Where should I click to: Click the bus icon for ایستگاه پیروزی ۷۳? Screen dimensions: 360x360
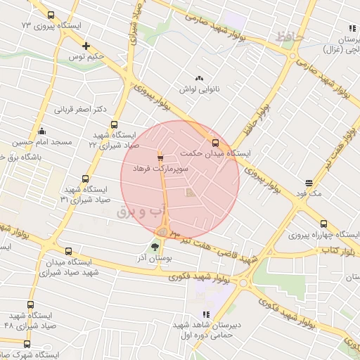point(51,15)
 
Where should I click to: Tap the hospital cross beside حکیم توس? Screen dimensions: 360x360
point(86,44)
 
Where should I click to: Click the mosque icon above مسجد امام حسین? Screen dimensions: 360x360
point(42,130)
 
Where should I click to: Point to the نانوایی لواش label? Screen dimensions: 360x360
point(199,89)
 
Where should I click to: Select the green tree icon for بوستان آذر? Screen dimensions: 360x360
point(155,247)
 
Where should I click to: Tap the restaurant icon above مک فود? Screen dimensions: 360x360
point(308,181)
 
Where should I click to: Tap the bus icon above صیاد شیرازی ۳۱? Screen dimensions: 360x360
point(86,179)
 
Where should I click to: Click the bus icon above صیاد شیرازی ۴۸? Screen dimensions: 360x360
point(30,304)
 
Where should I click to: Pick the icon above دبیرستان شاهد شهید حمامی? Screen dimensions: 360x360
point(206,314)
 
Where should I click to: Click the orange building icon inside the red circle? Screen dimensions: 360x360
point(188,192)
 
